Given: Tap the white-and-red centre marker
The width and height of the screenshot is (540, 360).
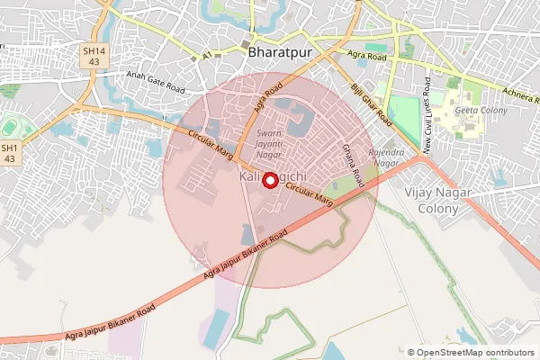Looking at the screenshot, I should tap(268, 179).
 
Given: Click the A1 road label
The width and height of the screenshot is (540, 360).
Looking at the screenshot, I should tap(207, 56).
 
